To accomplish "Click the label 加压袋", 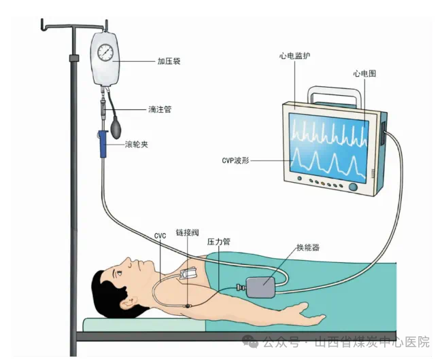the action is (x=169, y=61).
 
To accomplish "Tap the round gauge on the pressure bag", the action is (x=105, y=52).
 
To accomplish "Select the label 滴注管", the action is (x=160, y=109).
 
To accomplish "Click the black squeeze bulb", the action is (x=116, y=128).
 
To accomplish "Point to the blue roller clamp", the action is (x=103, y=143).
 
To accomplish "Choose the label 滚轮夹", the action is (x=137, y=145).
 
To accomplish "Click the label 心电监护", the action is (x=294, y=56).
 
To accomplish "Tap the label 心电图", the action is (x=364, y=73).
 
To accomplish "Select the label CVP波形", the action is (x=235, y=160).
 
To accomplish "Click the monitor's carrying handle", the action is (x=335, y=96).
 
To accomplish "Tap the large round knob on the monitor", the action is (x=353, y=186).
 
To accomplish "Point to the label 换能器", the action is (x=308, y=247).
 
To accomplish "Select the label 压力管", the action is (x=219, y=242).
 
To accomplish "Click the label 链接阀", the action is (x=188, y=232).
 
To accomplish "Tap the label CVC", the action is (x=160, y=236).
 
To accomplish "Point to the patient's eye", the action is (x=118, y=273).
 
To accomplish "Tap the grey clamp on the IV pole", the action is (x=74, y=58).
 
